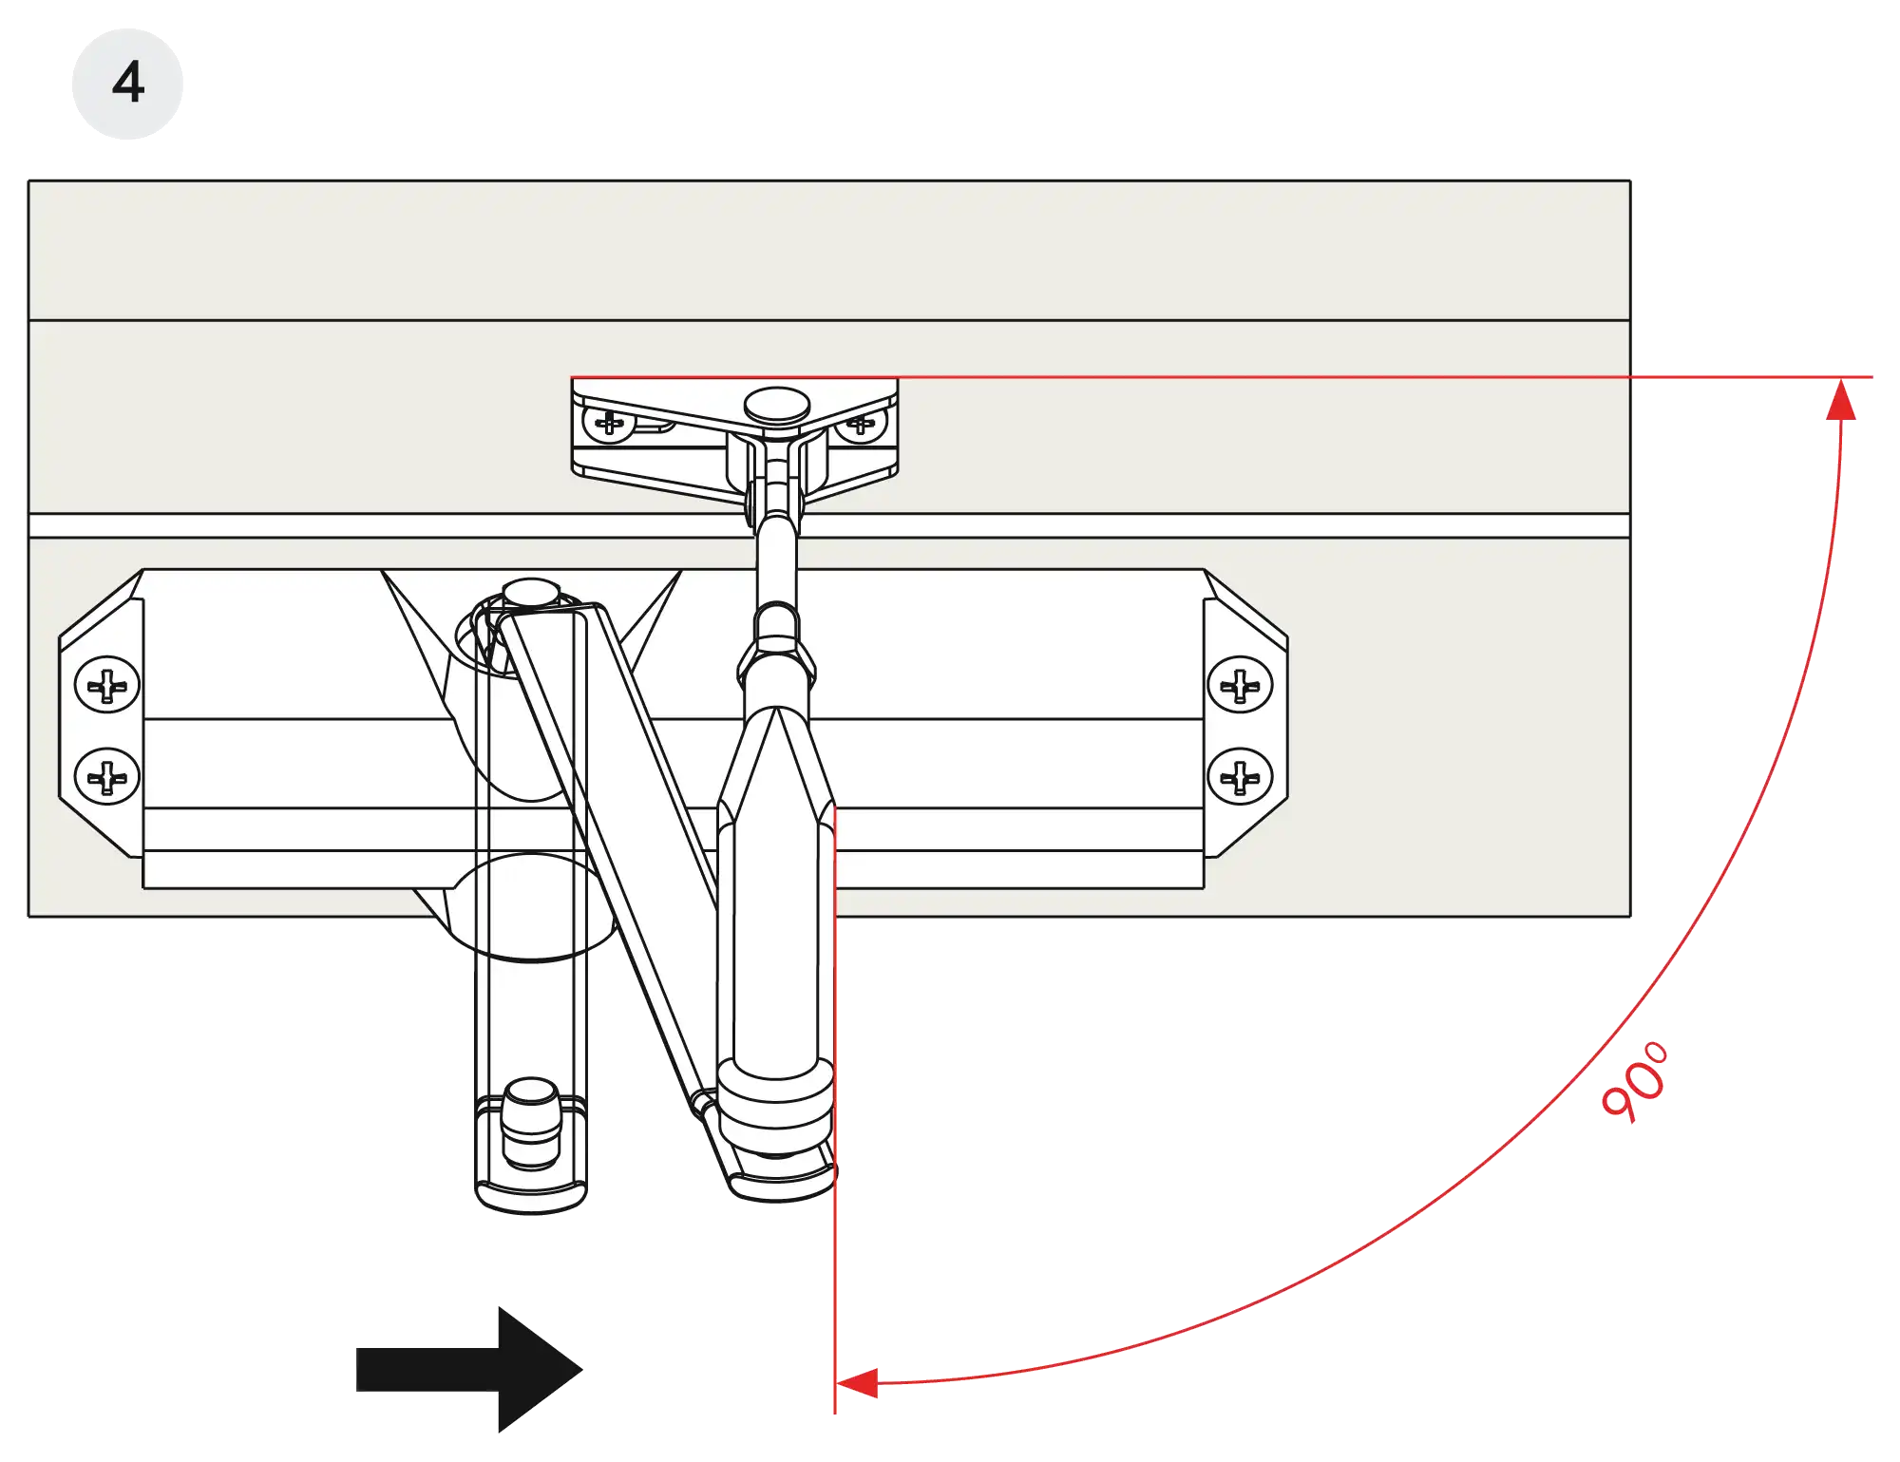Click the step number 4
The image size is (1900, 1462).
pyautogui.click(x=128, y=83)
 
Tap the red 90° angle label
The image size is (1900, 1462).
pyautogui.click(x=1635, y=1083)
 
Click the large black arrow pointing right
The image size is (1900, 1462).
pyautogui.click(x=469, y=1369)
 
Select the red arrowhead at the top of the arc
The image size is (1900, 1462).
pyautogui.click(x=1841, y=399)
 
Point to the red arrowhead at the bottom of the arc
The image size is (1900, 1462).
pyautogui.click(x=857, y=1383)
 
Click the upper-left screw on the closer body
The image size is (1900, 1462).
pyautogui.click(x=107, y=684)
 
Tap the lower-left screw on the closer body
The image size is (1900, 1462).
pyautogui.click(x=107, y=776)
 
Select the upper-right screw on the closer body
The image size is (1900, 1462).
pyautogui.click(x=1240, y=684)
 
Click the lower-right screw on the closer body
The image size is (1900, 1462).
pyautogui.click(x=1240, y=776)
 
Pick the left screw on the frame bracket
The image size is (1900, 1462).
pyautogui.click(x=609, y=423)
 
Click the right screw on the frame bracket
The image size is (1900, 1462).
pyautogui.click(x=861, y=425)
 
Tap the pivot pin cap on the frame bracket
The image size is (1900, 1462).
pyautogui.click(x=777, y=406)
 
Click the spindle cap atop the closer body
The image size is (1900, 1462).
pyautogui.click(x=531, y=593)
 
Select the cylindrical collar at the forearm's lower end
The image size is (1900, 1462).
pyautogui.click(x=776, y=1107)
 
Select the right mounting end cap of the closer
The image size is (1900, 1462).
pyautogui.click(x=1245, y=713)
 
